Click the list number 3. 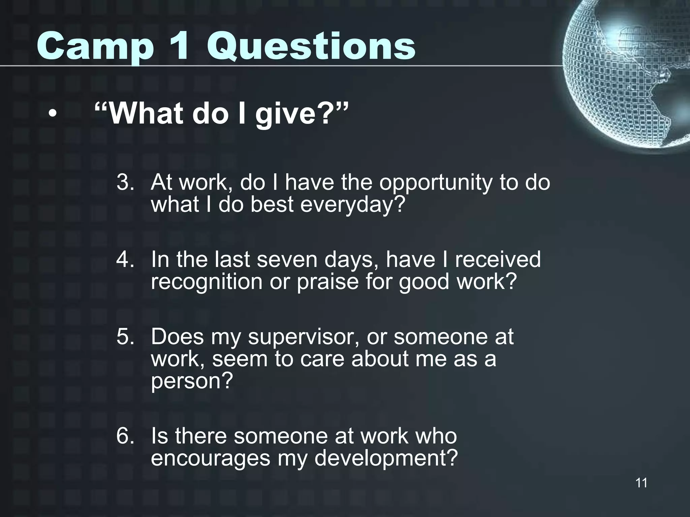coord(125,182)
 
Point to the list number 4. coord(125,260)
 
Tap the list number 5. coord(125,337)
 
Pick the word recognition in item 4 coord(207,281)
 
